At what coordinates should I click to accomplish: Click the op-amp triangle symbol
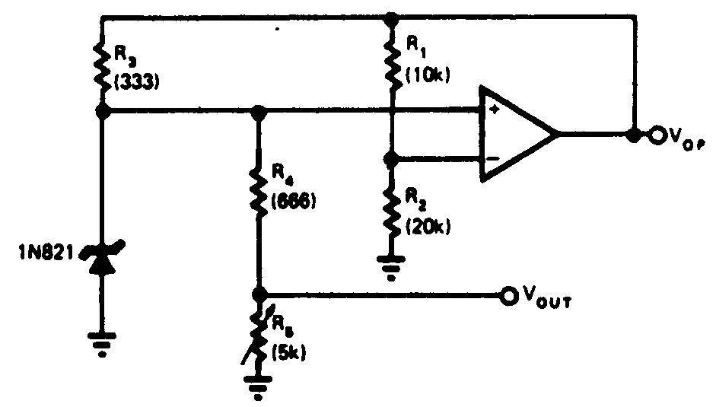click(516, 134)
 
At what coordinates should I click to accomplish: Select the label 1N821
click(48, 250)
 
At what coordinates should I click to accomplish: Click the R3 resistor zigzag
click(102, 65)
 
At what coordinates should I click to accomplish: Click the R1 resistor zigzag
click(390, 65)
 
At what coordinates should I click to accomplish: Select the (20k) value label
click(428, 226)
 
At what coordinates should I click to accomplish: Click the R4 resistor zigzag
click(259, 196)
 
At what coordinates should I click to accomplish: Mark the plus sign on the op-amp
click(495, 111)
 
